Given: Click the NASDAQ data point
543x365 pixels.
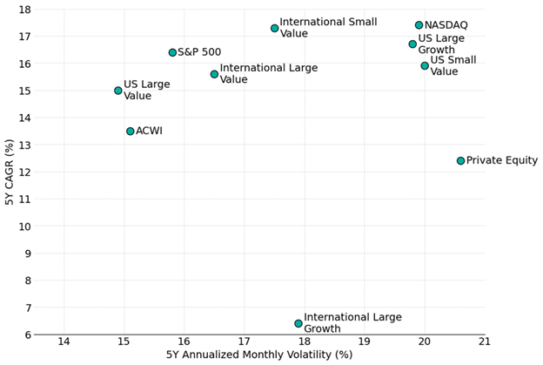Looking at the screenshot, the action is click(x=419, y=25).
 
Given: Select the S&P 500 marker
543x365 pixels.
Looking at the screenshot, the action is click(x=172, y=52).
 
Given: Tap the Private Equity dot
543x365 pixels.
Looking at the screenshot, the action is click(x=460, y=160).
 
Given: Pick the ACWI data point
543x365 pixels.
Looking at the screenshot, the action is click(x=131, y=131).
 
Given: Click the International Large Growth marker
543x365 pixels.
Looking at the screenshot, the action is click(x=298, y=323).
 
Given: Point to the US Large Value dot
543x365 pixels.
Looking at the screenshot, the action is click(x=118, y=91).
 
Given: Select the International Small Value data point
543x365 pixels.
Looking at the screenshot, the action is click(x=275, y=28).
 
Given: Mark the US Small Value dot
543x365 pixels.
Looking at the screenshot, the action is click(x=425, y=66).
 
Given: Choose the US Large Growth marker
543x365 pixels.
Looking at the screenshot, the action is click(x=412, y=44).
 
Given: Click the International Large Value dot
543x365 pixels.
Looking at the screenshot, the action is click(x=214, y=74).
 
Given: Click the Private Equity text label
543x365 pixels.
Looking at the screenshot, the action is click(x=502, y=160).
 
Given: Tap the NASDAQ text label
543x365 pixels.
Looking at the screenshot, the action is click(x=446, y=25).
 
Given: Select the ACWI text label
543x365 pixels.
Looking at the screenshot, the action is click(x=149, y=131).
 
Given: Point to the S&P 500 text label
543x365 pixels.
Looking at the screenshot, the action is click(x=199, y=52).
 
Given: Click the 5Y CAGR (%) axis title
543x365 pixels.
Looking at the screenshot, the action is click(x=10, y=172).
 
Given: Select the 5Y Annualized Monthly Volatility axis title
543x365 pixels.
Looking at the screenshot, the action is click(x=259, y=355).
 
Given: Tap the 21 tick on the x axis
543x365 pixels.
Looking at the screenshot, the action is click(x=485, y=341).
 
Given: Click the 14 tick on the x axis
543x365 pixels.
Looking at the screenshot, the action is click(x=64, y=341).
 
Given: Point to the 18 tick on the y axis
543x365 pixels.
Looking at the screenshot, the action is click(x=25, y=10).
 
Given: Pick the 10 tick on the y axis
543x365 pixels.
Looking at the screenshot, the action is click(x=25, y=226).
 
